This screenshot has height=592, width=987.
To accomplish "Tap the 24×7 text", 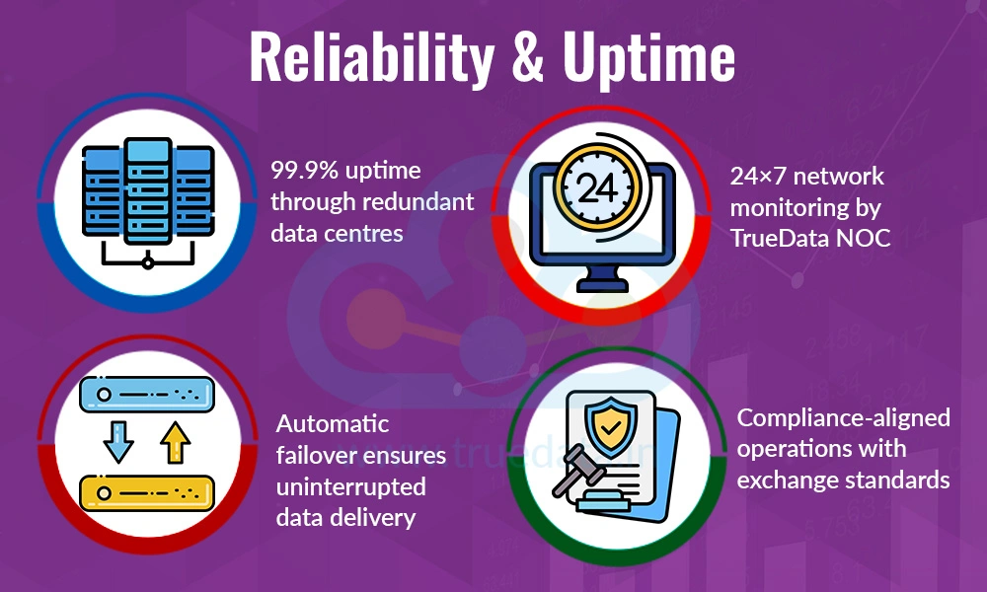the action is coord(757,177).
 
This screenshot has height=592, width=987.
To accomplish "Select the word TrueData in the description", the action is coord(779,238).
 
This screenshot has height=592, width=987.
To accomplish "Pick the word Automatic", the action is coord(333,424).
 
